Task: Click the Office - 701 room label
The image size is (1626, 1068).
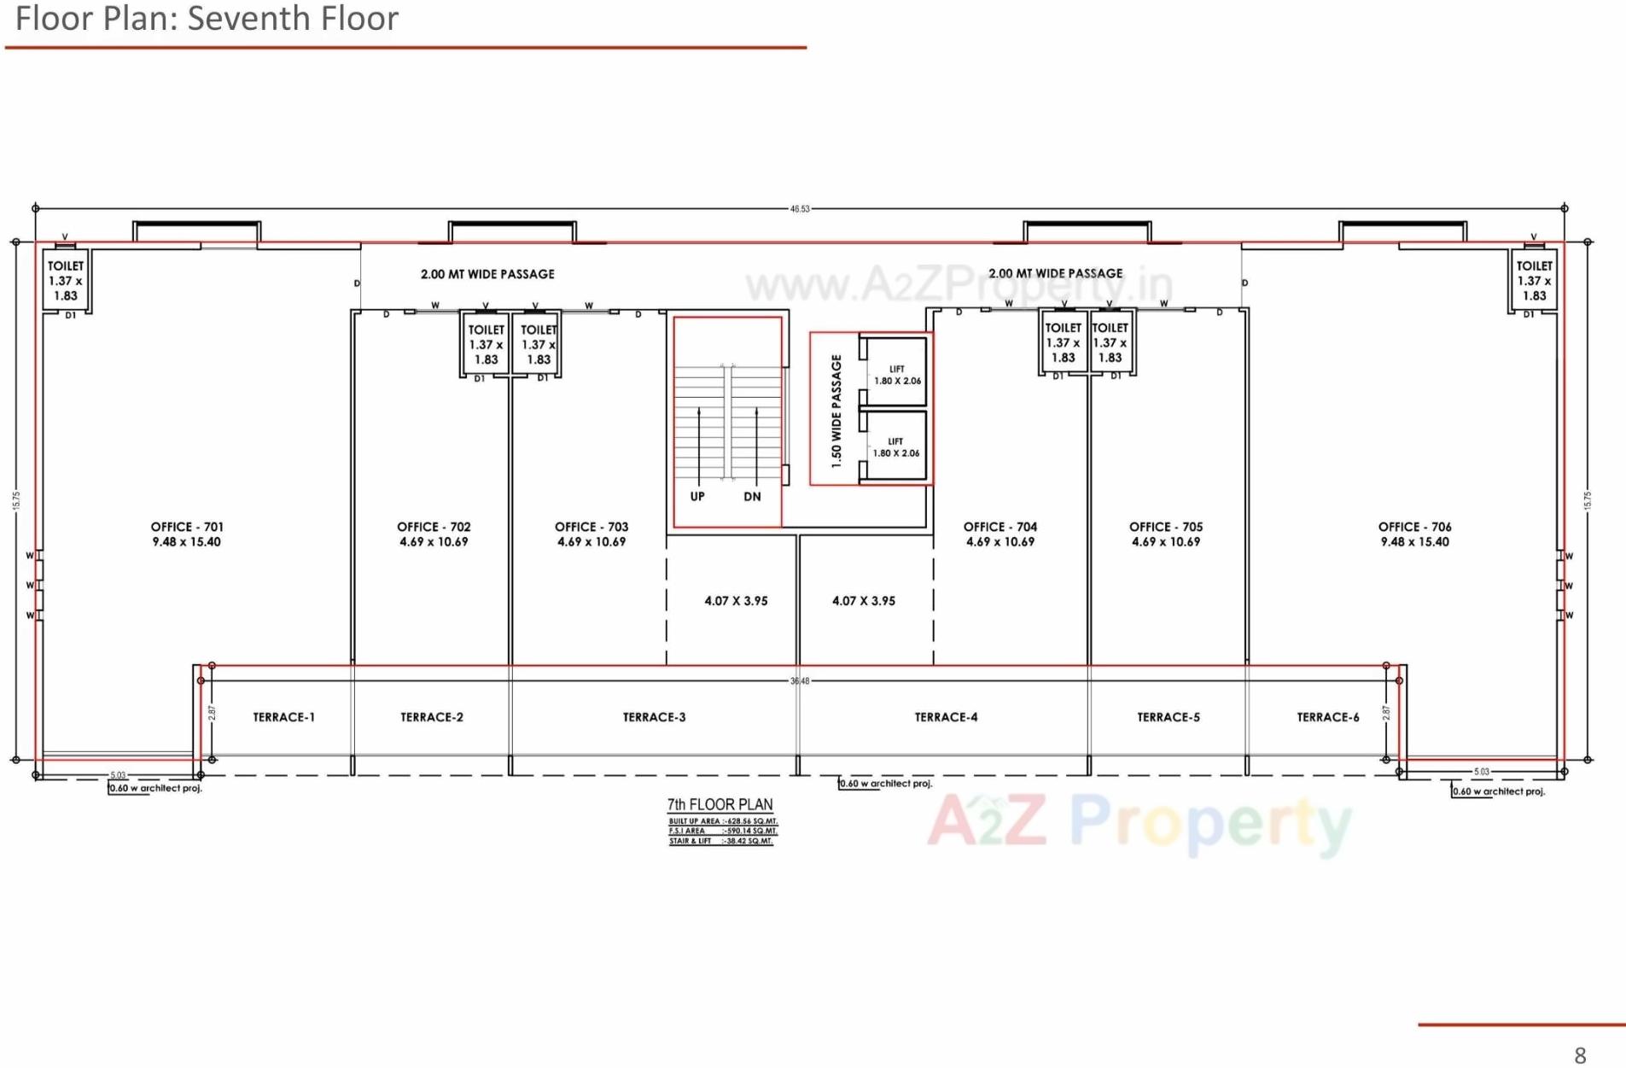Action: tap(186, 534)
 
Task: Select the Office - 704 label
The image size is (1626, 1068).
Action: tap(1000, 534)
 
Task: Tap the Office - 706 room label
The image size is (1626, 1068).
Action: tap(1414, 534)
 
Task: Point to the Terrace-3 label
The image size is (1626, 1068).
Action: tap(654, 717)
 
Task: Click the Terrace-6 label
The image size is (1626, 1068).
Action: tap(1327, 717)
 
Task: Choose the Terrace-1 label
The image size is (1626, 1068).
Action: tap(283, 717)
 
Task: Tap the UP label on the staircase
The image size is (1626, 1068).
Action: tap(697, 497)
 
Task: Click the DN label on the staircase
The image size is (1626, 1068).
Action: tap(752, 497)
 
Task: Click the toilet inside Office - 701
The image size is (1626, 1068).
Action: tap(66, 281)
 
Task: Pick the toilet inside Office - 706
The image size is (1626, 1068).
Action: tap(1534, 281)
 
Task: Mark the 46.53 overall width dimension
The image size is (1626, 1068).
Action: tap(800, 208)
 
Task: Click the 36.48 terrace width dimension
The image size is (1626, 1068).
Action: tap(800, 681)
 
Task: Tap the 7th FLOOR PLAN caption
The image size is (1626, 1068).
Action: tap(720, 804)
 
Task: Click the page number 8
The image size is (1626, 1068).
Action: tap(1580, 1055)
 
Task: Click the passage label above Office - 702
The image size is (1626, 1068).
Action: tap(487, 274)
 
